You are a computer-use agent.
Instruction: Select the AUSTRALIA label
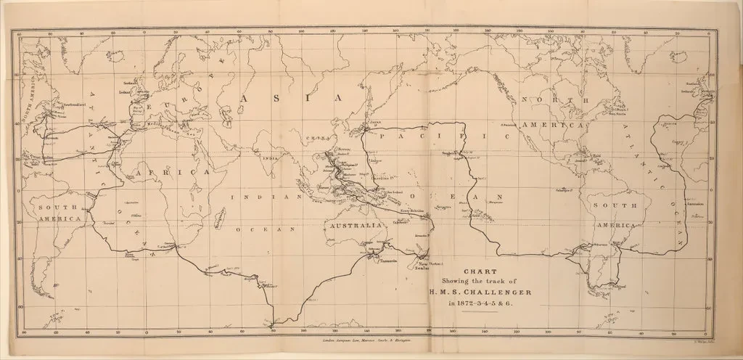356,226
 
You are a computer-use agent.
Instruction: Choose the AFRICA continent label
164,173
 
